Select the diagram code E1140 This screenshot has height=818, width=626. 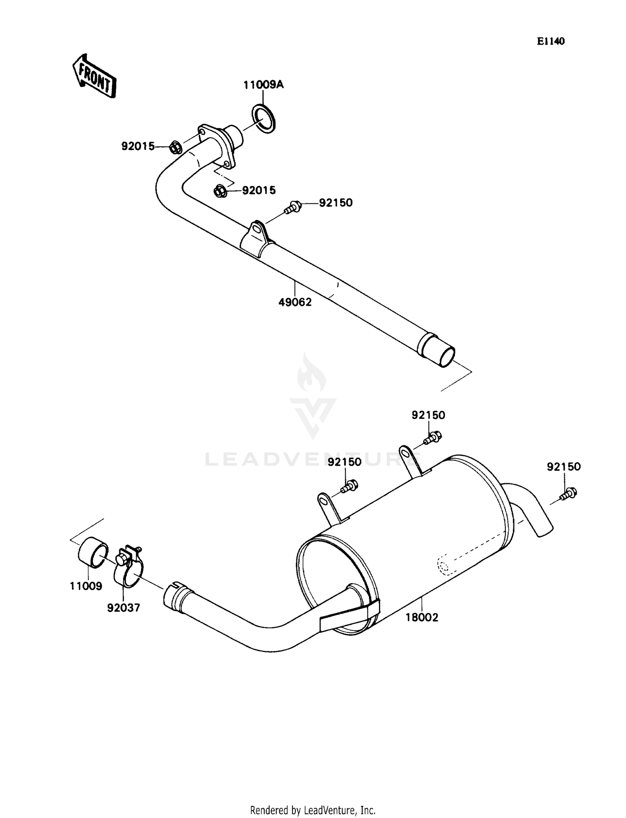tap(551, 41)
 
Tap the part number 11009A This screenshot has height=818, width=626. tap(264, 85)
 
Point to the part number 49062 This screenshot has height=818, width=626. tap(295, 302)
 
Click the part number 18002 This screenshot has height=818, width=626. tap(422, 617)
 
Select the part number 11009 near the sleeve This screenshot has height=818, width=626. tap(86, 587)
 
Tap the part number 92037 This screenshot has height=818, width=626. tap(124, 608)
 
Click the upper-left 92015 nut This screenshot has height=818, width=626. tap(175, 147)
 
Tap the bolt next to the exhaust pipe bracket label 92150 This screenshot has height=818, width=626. tap(293, 206)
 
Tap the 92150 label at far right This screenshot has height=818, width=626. tap(564, 467)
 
